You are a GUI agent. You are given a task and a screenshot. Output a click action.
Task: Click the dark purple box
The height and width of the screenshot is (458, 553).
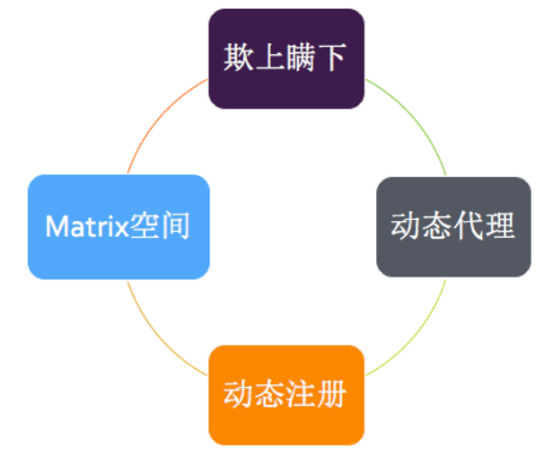click(286, 59)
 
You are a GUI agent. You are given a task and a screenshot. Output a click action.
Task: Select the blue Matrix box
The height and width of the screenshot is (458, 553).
click(119, 227)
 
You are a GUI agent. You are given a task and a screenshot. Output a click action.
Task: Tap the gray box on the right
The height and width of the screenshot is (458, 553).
click(453, 227)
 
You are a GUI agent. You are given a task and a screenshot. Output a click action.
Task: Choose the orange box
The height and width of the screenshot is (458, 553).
click(286, 395)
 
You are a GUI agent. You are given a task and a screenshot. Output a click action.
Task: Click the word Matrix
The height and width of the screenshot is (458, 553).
click(88, 227)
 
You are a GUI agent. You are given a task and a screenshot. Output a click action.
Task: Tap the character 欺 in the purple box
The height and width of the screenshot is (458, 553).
click(239, 57)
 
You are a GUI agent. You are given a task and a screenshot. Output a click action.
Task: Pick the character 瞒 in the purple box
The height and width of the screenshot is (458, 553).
click(300, 57)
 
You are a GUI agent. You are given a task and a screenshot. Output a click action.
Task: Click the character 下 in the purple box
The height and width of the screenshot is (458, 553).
click(331, 57)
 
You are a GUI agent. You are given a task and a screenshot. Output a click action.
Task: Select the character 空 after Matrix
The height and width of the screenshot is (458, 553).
click(145, 226)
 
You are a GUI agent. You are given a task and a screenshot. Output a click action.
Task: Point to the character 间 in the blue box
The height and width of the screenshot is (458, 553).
click(176, 226)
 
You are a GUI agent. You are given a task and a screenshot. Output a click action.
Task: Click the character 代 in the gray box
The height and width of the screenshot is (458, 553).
click(469, 226)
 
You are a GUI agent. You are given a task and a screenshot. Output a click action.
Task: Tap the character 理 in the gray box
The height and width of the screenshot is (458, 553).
click(500, 226)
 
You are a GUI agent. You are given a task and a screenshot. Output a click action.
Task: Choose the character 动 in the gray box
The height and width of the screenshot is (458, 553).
click(406, 226)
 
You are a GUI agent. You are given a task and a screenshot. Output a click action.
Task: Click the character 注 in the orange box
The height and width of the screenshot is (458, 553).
click(300, 394)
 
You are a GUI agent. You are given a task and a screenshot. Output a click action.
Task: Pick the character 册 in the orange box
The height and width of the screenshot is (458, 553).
click(331, 394)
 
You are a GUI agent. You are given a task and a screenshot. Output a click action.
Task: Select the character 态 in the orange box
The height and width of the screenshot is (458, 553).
click(270, 394)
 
